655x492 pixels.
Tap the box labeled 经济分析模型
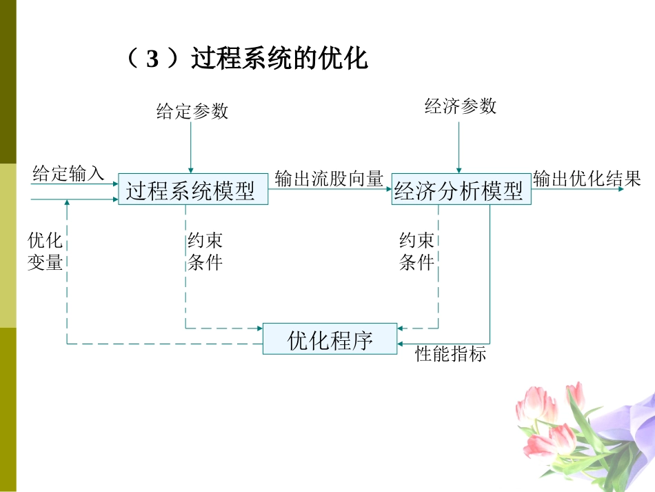(x=460, y=190)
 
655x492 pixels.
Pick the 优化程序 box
(x=330, y=339)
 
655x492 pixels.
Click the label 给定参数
(x=192, y=110)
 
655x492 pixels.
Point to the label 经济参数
(x=460, y=106)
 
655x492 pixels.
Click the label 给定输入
(x=68, y=173)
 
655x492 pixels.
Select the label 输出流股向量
(x=329, y=179)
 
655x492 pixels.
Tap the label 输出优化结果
(x=587, y=179)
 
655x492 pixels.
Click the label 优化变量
(x=45, y=251)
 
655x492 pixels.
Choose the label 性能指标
(x=451, y=355)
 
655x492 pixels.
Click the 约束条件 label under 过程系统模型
(x=205, y=251)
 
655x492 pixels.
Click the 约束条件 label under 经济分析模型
(x=417, y=251)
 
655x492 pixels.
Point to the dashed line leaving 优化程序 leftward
(x=165, y=343)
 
